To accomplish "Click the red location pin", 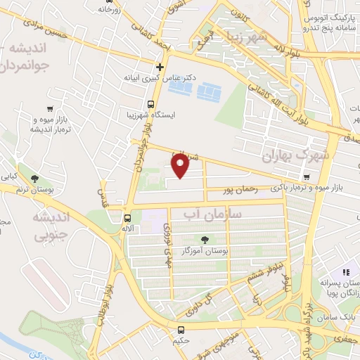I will (180, 166).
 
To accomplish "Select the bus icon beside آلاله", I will (127, 218).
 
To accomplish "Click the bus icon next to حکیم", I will (181, 330).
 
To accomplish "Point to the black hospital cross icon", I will (160, 68).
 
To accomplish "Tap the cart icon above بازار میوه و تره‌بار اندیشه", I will (49, 108).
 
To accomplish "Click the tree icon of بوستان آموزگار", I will (205, 240).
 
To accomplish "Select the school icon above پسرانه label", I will (345, 272).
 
